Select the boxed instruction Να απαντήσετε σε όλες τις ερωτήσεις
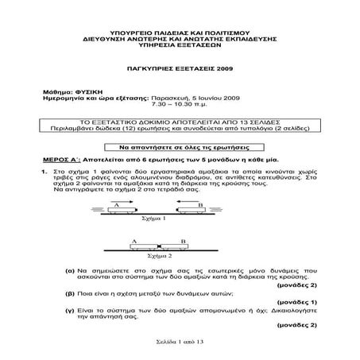[180, 148]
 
